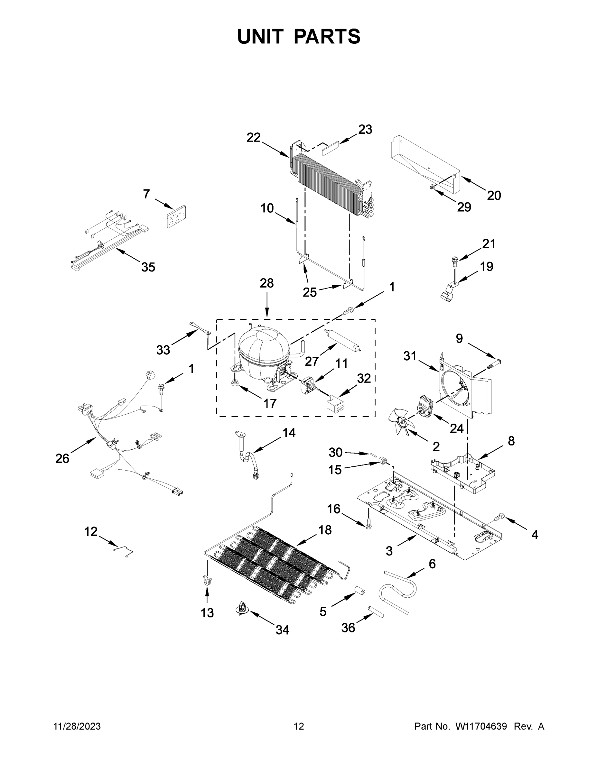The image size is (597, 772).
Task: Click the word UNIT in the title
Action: point(260,36)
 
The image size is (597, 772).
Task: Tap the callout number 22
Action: point(253,137)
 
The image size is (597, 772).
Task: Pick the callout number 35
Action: point(148,267)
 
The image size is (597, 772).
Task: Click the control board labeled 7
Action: point(176,216)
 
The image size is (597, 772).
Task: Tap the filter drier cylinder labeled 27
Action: point(343,340)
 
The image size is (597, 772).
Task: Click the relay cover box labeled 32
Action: point(336,403)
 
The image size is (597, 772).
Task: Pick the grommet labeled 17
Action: point(234,383)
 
